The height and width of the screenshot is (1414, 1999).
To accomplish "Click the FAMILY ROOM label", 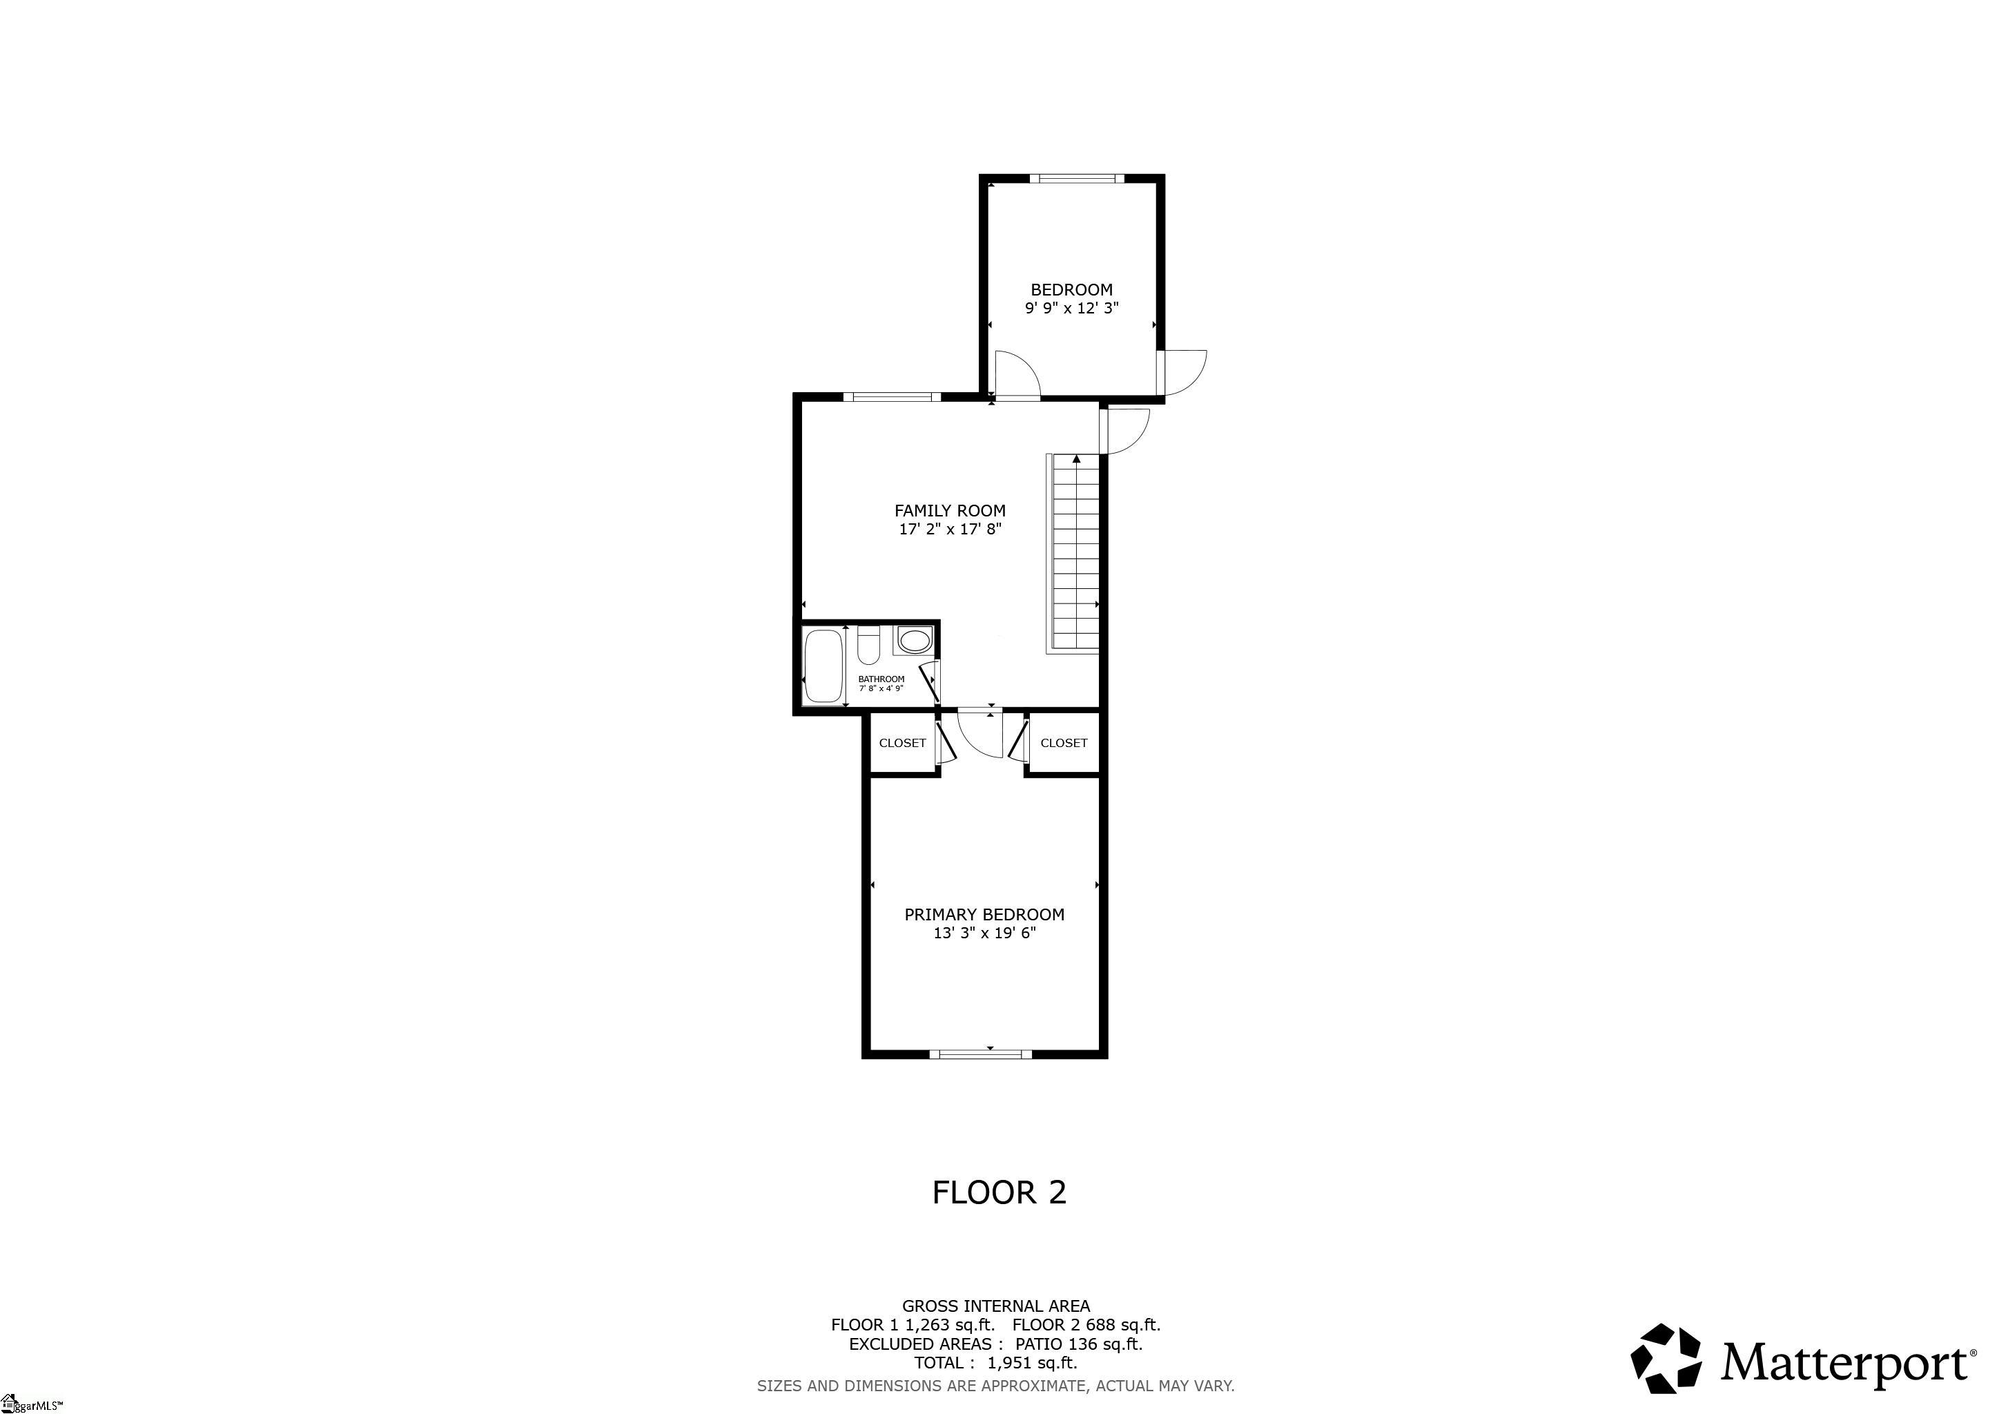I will pyautogui.click(x=950, y=511).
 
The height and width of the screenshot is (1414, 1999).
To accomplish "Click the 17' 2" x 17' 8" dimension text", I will pyautogui.click(x=950, y=530).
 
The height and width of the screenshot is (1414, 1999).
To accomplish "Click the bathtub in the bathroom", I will pyautogui.click(x=823, y=666).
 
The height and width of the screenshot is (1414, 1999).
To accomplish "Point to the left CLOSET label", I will pyautogui.click(x=902, y=744).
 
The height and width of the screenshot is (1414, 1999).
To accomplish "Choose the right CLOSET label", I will pyautogui.click(x=1063, y=744).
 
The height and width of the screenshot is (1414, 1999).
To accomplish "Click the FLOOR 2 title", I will pyautogui.click(x=999, y=1193).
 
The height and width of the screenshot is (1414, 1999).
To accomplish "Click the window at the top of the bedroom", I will pyautogui.click(x=1076, y=180).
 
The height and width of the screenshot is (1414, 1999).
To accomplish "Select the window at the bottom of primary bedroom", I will pyautogui.click(x=980, y=1054).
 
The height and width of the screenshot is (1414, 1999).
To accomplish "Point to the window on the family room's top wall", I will pyautogui.click(x=893, y=397).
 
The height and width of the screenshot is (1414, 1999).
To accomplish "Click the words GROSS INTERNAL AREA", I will pyautogui.click(x=995, y=1306).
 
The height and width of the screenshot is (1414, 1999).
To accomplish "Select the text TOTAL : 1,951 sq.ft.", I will pyautogui.click(x=995, y=1363).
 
